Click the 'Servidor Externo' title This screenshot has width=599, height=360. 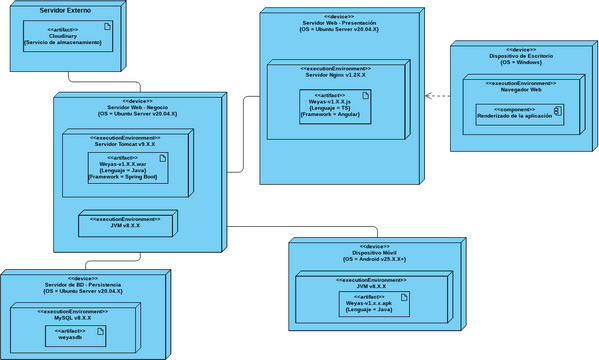[65, 9]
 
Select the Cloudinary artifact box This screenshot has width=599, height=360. [62, 37]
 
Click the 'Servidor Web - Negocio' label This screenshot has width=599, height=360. [137, 107]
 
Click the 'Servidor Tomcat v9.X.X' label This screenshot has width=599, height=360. [125, 144]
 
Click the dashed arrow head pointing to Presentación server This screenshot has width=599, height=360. [429, 96]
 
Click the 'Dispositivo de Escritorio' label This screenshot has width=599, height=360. [521, 56]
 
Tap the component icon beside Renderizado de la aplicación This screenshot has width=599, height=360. [557, 112]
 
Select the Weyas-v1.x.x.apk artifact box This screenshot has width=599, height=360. [372, 306]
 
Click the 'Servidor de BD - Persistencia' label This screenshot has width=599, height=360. [83, 284]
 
